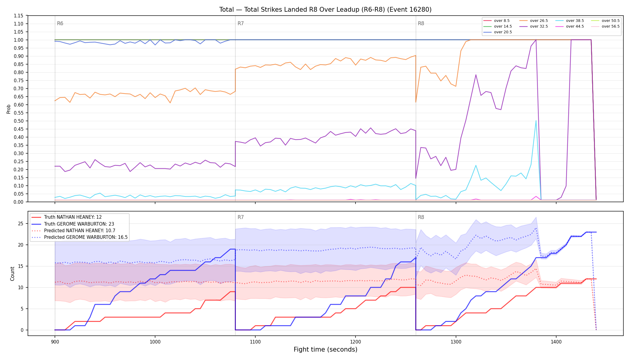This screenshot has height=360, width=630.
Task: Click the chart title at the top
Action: (325, 10)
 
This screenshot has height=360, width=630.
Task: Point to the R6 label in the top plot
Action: (60, 23)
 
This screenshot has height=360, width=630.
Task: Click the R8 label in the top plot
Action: (421, 23)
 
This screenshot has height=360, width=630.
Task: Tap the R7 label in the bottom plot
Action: (241, 217)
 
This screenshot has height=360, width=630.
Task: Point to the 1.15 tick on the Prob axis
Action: (19, 16)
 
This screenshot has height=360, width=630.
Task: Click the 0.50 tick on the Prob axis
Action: (19, 121)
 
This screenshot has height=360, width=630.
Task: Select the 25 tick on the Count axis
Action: (21, 223)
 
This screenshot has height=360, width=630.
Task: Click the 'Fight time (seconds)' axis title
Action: (325, 349)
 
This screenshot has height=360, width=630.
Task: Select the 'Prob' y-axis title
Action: (9, 109)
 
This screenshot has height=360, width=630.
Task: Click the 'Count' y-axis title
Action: (12, 274)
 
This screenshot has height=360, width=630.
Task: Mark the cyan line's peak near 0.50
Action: (536, 121)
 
